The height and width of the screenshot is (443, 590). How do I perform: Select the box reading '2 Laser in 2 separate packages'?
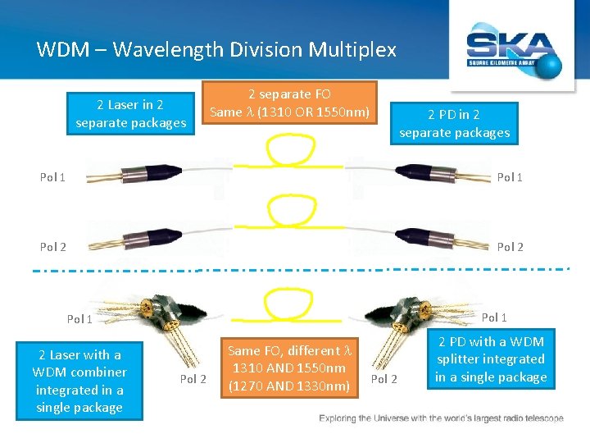point(131,114)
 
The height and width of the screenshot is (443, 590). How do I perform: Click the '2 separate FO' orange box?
point(290,103)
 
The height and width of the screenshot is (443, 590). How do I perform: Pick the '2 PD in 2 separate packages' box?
point(455,123)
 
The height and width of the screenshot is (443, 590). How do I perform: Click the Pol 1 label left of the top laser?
point(53,177)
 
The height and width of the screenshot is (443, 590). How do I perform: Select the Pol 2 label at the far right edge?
point(510,246)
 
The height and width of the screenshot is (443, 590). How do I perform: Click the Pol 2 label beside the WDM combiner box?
point(193,378)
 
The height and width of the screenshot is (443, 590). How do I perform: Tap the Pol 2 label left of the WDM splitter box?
point(384,378)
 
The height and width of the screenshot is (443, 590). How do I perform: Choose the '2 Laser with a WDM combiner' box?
point(79,381)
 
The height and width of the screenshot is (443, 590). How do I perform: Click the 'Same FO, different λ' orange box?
point(290,368)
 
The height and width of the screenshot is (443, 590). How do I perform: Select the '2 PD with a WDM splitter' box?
point(490,359)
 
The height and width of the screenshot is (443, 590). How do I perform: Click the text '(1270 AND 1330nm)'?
point(290,386)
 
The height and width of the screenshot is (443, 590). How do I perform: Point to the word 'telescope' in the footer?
point(538,419)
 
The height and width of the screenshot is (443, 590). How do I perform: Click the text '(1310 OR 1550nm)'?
point(315,112)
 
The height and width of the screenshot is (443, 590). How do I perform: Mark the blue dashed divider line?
point(295,269)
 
